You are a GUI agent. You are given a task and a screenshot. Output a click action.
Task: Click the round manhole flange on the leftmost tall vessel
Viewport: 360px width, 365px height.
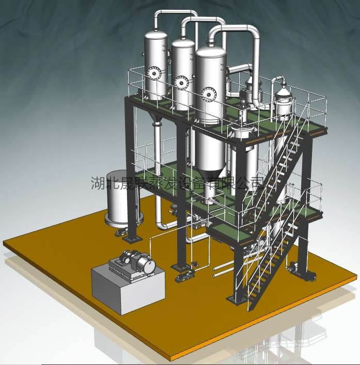154,73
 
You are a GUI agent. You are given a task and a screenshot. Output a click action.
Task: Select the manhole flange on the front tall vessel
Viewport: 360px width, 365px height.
209,94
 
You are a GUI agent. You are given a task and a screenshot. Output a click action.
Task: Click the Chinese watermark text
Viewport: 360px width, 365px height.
178,183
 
